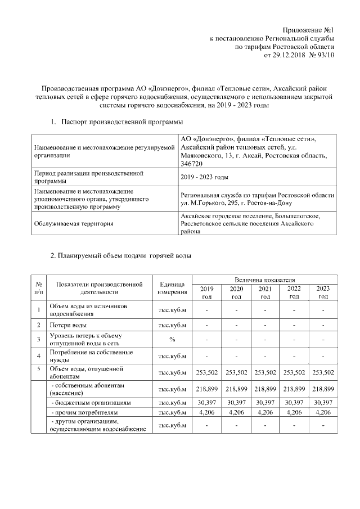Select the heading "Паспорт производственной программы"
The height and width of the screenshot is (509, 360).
click(121, 121)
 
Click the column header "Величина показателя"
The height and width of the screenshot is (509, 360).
click(265, 280)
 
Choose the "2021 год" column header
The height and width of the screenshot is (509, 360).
click(264, 292)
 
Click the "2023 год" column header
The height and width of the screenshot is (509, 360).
click(323, 292)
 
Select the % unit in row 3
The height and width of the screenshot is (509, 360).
click(172, 339)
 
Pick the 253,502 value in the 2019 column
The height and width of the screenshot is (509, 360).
click(206, 372)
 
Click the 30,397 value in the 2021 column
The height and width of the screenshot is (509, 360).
click(264, 403)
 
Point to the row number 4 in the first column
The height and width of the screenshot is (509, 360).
click(39, 356)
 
